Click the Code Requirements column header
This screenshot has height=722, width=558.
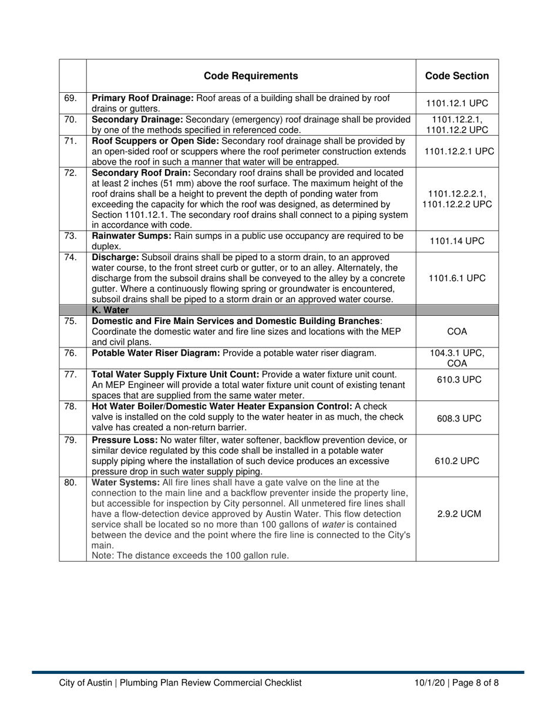[x=251, y=76]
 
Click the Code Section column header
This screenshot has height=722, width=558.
[x=457, y=76]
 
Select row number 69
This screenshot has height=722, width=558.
[x=70, y=98]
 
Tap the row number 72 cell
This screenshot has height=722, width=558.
[x=70, y=173]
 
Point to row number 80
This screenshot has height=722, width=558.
[x=70, y=483]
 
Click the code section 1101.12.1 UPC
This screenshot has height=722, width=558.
[x=457, y=103]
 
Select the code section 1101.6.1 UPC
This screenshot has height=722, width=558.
[x=457, y=278]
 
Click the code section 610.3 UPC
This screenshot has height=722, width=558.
[x=457, y=380]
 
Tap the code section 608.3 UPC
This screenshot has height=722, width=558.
[x=457, y=417]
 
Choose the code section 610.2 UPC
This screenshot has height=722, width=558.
[x=457, y=461]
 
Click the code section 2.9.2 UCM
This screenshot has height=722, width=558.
[x=457, y=514]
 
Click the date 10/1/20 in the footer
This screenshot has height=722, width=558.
[x=429, y=683]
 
